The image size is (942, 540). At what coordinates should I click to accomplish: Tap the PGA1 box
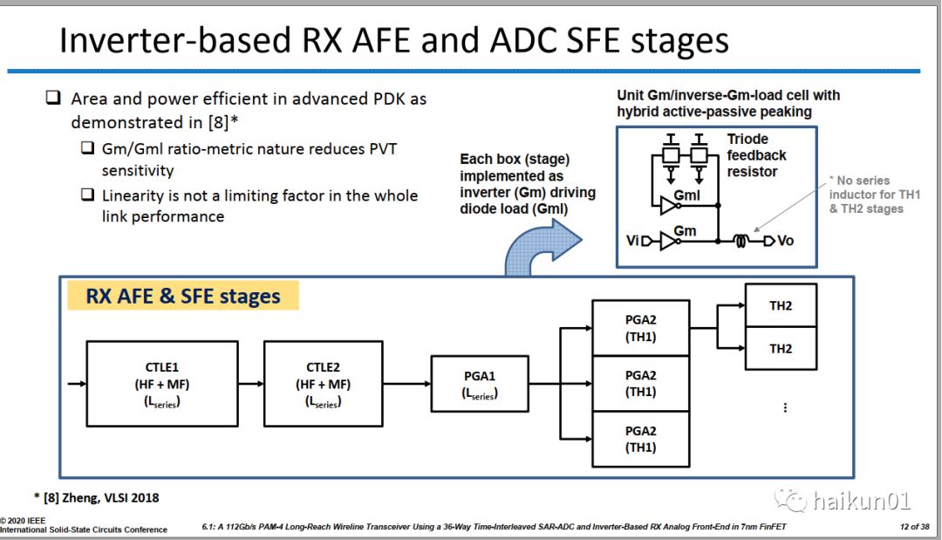click(479, 385)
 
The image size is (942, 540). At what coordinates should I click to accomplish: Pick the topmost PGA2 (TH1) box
click(640, 328)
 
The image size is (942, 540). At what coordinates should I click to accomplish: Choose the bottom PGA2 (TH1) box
click(640, 439)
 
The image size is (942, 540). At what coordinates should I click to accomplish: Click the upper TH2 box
click(781, 305)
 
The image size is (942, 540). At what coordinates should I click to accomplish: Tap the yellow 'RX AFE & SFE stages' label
click(183, 296)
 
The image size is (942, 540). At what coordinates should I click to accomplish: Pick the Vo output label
click(786, 240)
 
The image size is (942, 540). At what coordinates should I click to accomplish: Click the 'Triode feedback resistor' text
click(756, 155)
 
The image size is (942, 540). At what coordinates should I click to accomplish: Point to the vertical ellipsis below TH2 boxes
click(785, 407)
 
